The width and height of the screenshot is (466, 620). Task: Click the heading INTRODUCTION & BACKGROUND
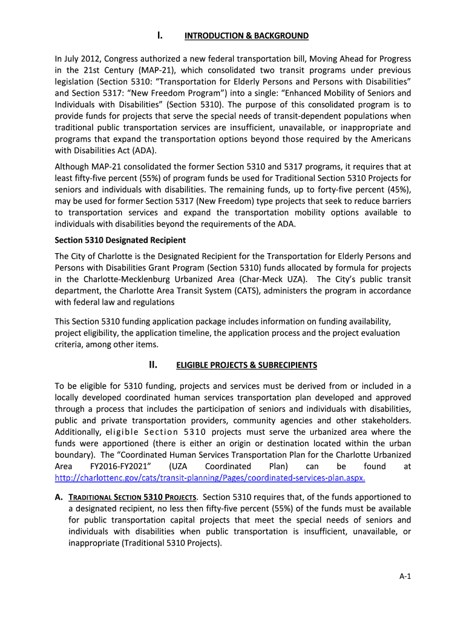[246, 36]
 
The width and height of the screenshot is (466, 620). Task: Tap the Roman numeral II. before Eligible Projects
[153, 365]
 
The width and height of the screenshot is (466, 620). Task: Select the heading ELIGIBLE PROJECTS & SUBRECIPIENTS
[246, 366]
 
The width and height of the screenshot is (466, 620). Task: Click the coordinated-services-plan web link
[210, 478]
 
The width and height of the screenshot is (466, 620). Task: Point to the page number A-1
[405, 576]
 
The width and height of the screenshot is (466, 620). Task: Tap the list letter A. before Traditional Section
[59, 497]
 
